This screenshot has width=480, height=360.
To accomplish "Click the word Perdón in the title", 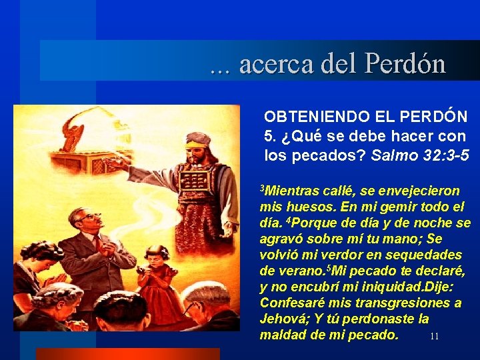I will (x=405, y=63).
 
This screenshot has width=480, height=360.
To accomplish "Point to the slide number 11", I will (x=434, y=337).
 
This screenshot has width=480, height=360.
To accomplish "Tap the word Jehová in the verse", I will (x=283, y=319).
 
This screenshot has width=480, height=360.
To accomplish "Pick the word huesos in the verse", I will (x=304, y=207).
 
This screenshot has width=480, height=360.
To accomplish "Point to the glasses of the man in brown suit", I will (x=89, y=216).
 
